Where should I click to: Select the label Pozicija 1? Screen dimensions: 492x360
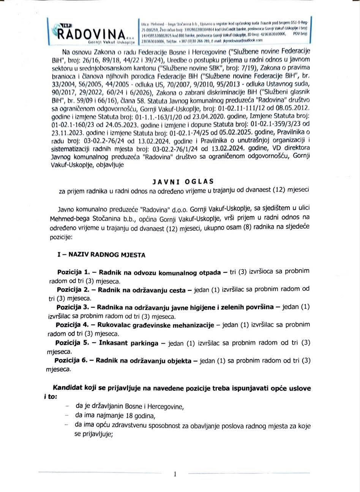[73, 272]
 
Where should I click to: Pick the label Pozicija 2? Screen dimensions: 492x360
[73, 290]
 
